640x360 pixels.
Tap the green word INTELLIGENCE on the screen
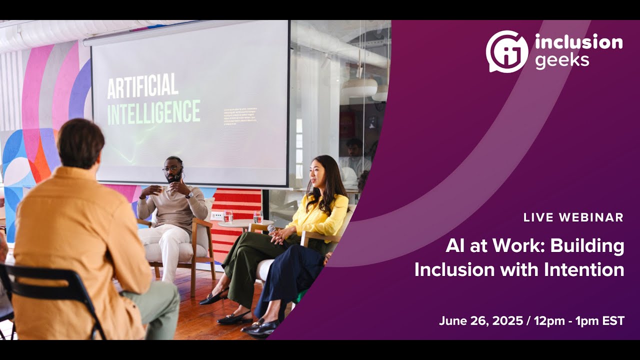coord(153,112)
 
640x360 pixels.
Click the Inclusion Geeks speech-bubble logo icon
coord(506,51)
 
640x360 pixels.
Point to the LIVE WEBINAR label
coord(573,217)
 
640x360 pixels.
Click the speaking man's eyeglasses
coord(171,168)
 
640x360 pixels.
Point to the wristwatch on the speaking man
coord(189,195)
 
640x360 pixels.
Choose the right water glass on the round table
coord(257,216)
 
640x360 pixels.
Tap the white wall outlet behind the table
coord(216,215)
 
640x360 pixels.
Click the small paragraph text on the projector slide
coord(240,115)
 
